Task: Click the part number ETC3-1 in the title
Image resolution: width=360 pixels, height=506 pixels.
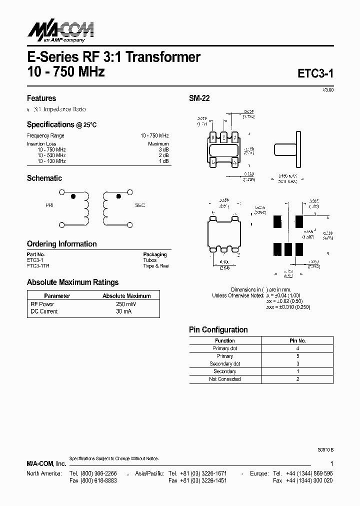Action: click(x=315, y=73)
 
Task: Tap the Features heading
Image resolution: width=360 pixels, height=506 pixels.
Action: click(x=41, y=98)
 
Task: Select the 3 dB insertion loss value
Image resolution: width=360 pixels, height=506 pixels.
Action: click(x=163, y=149)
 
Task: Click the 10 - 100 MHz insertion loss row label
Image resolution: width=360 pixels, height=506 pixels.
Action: click(x=51, y=161)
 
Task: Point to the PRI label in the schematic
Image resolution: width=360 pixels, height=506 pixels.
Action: click(x=49, y=205)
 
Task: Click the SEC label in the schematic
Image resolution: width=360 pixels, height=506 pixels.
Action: click(x=140, y=205)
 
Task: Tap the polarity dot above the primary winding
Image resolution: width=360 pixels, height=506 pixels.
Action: click(x=74, y=196)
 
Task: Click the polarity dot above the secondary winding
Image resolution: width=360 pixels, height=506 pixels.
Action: click(x=118, y=196)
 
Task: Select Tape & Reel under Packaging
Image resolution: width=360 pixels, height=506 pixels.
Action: click(x=156, y=266)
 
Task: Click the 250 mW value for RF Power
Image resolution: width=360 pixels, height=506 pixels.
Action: click(x=126, y=304)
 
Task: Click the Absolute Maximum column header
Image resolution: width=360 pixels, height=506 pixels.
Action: click(x=126, y=296)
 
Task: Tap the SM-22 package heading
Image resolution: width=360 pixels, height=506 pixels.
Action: click(x=199, y=98)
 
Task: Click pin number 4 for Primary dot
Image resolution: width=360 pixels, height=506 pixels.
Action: click(x=297, y=348)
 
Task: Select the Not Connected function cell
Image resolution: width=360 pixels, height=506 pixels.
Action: click(x=225, y=379)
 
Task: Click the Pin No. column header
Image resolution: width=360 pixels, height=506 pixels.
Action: click(x=297, y=340)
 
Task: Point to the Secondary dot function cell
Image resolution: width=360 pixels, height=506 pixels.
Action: click(x=225, y=363)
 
